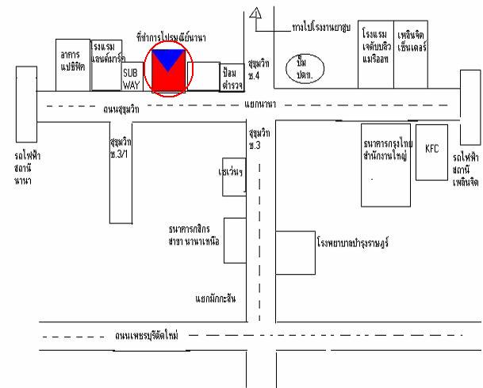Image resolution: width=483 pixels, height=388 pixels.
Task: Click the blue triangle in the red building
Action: pyautogui.click(x=168, y=60)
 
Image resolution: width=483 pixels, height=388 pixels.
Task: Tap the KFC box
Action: pyautogui.click(x=431, y=148)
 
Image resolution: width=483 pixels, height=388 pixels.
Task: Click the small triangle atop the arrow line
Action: pyautogui.click(x=255, y=13)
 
